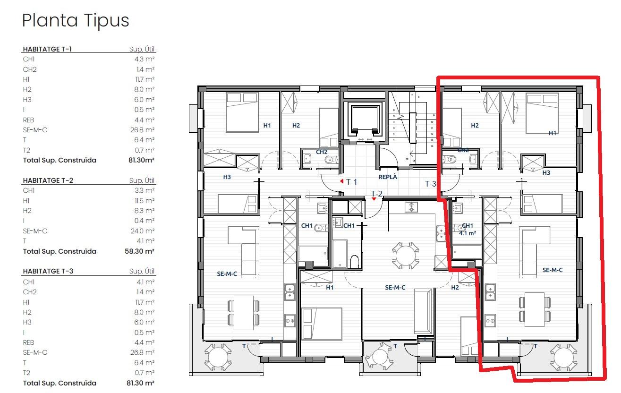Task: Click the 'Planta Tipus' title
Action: click(76, 21)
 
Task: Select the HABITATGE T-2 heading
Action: click(48, 180)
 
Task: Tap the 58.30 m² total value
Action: click(139, 251)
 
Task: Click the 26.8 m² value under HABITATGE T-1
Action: click(142, 130)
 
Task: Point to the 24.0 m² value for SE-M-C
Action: click(143, 231)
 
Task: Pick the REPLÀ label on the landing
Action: click(388, 177)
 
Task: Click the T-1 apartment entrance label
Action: click(351, 182)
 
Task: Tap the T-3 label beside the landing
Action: click(431, 184)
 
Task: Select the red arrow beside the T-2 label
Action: click(374, 199)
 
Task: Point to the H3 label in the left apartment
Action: click(227, 177)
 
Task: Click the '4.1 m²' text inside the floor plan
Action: click(468, 233)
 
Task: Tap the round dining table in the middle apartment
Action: click(406, 256)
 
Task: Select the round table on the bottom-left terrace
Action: click(218, 357)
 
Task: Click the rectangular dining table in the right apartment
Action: click(535, 309)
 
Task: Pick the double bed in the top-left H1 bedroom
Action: click(242, 112)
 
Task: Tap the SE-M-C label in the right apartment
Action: click(552, 270)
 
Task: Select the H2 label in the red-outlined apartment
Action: click(475, 125)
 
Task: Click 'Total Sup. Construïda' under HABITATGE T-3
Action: click(60, 383)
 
